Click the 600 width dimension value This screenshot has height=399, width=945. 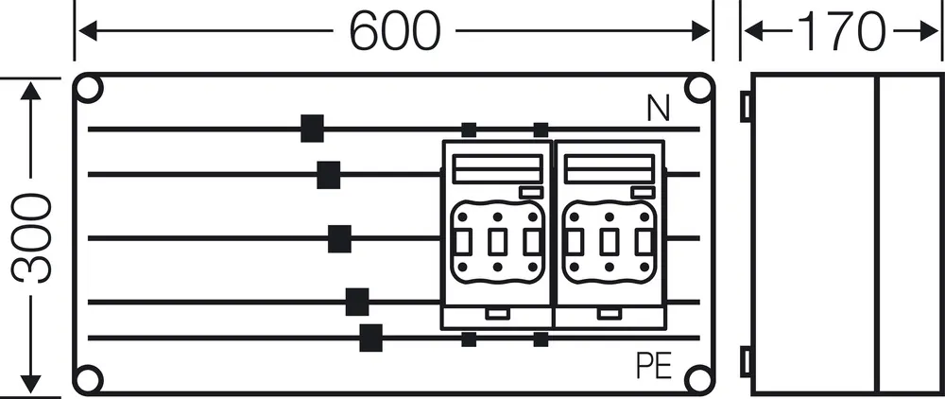pyautogui.click(x=395, y=30)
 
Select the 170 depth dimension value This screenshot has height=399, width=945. pyautogui.click(x=841, y=30)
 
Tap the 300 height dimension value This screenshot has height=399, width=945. pyautogui.click(x=31, y=238)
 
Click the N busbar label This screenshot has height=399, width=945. pyautogui.click(x=658, y=109)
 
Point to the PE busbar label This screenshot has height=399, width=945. pyautogui.click(x=654, y=365)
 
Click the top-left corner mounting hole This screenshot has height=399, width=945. pyautogui.click(x=89, y=89)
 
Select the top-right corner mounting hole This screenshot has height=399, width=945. pyautogui.click(x=699, y=89)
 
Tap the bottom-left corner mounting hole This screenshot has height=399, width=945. pyautogui.click(x=89, y=378)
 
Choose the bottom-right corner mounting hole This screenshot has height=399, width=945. pyautogui.click(x=699, y=378)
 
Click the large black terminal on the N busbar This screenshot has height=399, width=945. pyautogui.click(x=312, y=129)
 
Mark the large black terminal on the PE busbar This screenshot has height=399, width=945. pyautogui.click(x=370, y=338)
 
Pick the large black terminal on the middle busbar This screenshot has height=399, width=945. pyautogui.click(x=339, y=238)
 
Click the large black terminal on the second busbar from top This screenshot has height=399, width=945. pyautogui.click(x=329, y=175)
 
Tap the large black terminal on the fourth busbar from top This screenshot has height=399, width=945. pyautogui.click(x=357, y=302)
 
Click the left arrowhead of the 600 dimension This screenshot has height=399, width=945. pyautogui.click(x=88, y=31)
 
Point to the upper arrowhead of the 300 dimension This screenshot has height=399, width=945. pyautogui.click(x=31, y=91)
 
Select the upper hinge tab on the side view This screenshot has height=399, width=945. pyautogui.click(x=746, y=106)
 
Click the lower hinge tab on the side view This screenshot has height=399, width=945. pyautogui.click(x=746, y=362)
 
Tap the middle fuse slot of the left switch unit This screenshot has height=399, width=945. pyautogui.click(x=497, y=242)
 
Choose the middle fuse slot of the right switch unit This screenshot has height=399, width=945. pyautogui.click(x=609, y=242)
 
